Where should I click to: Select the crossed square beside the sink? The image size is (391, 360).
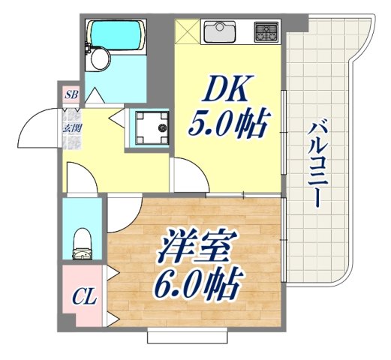click(x=187, y=31)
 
